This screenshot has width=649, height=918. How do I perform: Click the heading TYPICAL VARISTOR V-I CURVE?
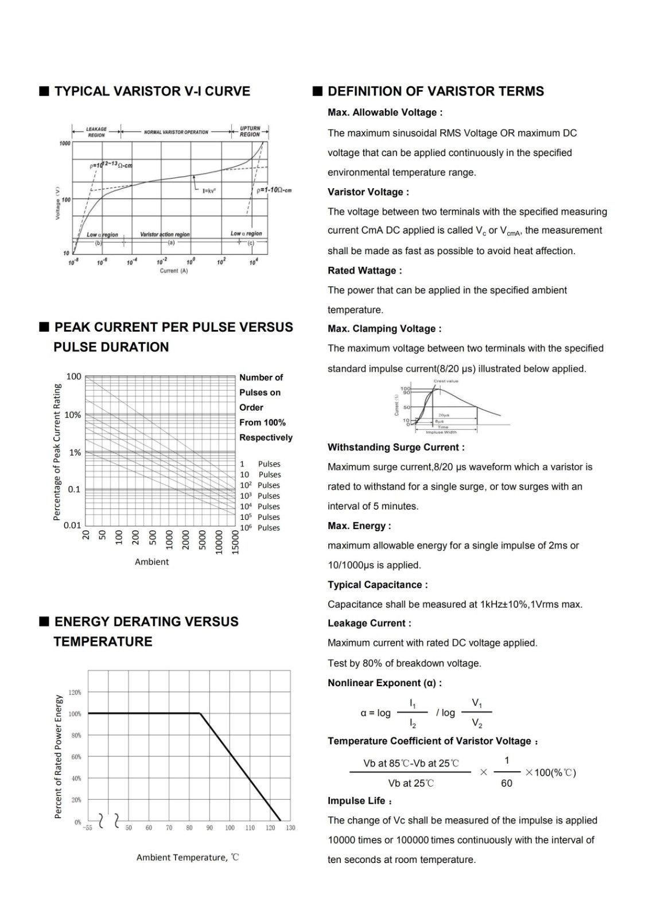(152, 91)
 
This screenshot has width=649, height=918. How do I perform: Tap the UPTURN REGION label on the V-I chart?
(250, 131)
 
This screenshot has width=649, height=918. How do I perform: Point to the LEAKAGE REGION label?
(96, 132)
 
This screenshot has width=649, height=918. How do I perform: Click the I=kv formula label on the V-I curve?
(209, 190)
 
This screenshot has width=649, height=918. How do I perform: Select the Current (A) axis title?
(173, 271)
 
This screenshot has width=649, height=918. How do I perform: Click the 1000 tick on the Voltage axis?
(65, 143)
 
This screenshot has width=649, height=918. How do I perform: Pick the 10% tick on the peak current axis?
(72, 415)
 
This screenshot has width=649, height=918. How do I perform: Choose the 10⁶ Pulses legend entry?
(260, 528)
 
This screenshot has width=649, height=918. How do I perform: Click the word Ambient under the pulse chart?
(151, 562)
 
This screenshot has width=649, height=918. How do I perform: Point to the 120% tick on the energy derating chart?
(75, 693)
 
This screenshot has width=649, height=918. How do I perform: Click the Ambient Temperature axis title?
(187, 857)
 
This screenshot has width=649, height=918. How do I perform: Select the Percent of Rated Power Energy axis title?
(58, 756)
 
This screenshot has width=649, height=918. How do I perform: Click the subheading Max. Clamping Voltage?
(384, 329)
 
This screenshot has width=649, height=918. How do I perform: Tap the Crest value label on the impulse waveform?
(446, 381)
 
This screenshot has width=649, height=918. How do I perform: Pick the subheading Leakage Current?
(369, 623)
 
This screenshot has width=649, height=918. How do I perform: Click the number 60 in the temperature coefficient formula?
(506, 783)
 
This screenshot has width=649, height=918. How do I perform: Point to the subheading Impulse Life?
(360, 801)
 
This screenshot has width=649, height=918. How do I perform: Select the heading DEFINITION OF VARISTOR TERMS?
(436, 91)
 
